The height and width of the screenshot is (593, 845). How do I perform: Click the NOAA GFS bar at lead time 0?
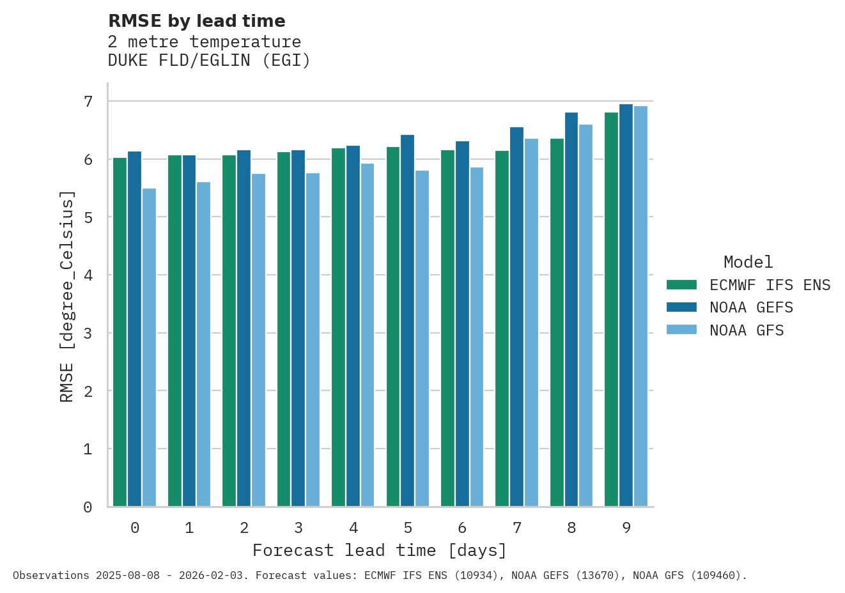[x=149, y=348]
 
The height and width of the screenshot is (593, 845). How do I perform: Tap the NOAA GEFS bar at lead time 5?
[x=407, y=321]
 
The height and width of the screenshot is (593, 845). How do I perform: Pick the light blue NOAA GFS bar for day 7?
[x=531, y=323]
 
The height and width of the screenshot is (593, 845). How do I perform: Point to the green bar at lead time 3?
[x=284, y=329]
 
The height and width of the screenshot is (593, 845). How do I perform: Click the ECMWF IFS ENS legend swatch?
[x=681, y=285]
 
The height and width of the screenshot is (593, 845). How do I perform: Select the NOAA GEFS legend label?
[x=751, y=308]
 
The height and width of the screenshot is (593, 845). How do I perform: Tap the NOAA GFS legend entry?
[x=747, y=330]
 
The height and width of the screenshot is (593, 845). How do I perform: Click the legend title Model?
[x=748, y=262]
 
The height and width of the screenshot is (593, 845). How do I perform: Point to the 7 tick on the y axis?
[x=88, y=102]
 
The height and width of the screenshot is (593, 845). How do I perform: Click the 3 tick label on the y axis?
[x=88, y=333]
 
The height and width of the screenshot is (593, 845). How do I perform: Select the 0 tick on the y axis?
[x=88, y=507]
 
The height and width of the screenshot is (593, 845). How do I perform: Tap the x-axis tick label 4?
[x=353, y=528]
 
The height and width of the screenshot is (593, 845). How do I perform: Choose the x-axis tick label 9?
[x=626, y=528]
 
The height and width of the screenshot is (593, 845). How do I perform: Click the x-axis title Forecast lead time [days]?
[x=380, y=550]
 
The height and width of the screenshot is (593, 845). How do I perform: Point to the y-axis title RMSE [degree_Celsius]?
[x=67, y=296]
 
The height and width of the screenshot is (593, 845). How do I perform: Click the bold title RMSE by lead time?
[x=197, y=21]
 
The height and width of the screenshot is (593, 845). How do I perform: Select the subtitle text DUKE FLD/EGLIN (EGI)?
[x=209, y=61]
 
